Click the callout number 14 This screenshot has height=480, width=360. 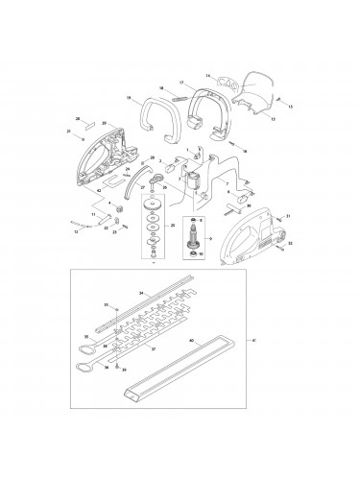click(208, 74)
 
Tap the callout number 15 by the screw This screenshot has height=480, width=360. click(291, 106)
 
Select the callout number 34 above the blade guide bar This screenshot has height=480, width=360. click(141, 292)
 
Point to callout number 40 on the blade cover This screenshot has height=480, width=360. click(192, 340)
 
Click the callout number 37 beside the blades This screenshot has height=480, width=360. click(153, 349)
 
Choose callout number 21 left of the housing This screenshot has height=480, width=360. click(68, 131)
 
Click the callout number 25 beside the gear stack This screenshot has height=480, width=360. click(173, 225)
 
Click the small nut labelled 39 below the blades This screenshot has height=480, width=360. click(116, 366)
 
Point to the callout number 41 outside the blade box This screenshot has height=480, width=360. click(253, 339)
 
